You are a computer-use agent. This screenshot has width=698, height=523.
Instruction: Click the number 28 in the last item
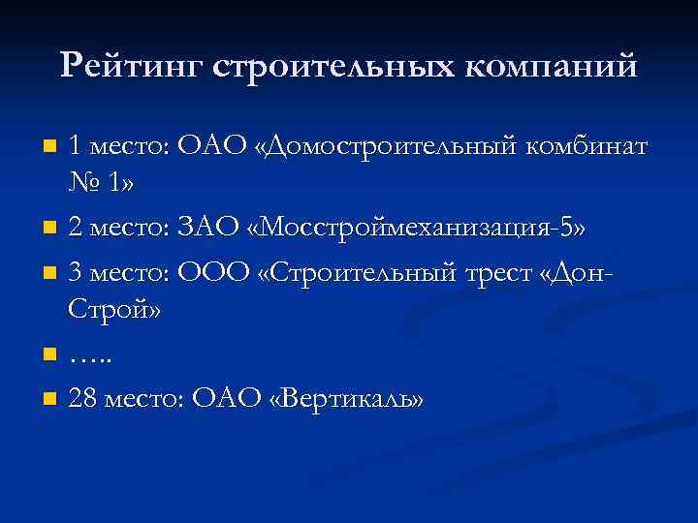tap(81, 398)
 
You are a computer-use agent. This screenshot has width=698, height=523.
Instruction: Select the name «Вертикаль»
tap(348, 398)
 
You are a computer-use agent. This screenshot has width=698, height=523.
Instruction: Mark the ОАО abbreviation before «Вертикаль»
tap(228, 398)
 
